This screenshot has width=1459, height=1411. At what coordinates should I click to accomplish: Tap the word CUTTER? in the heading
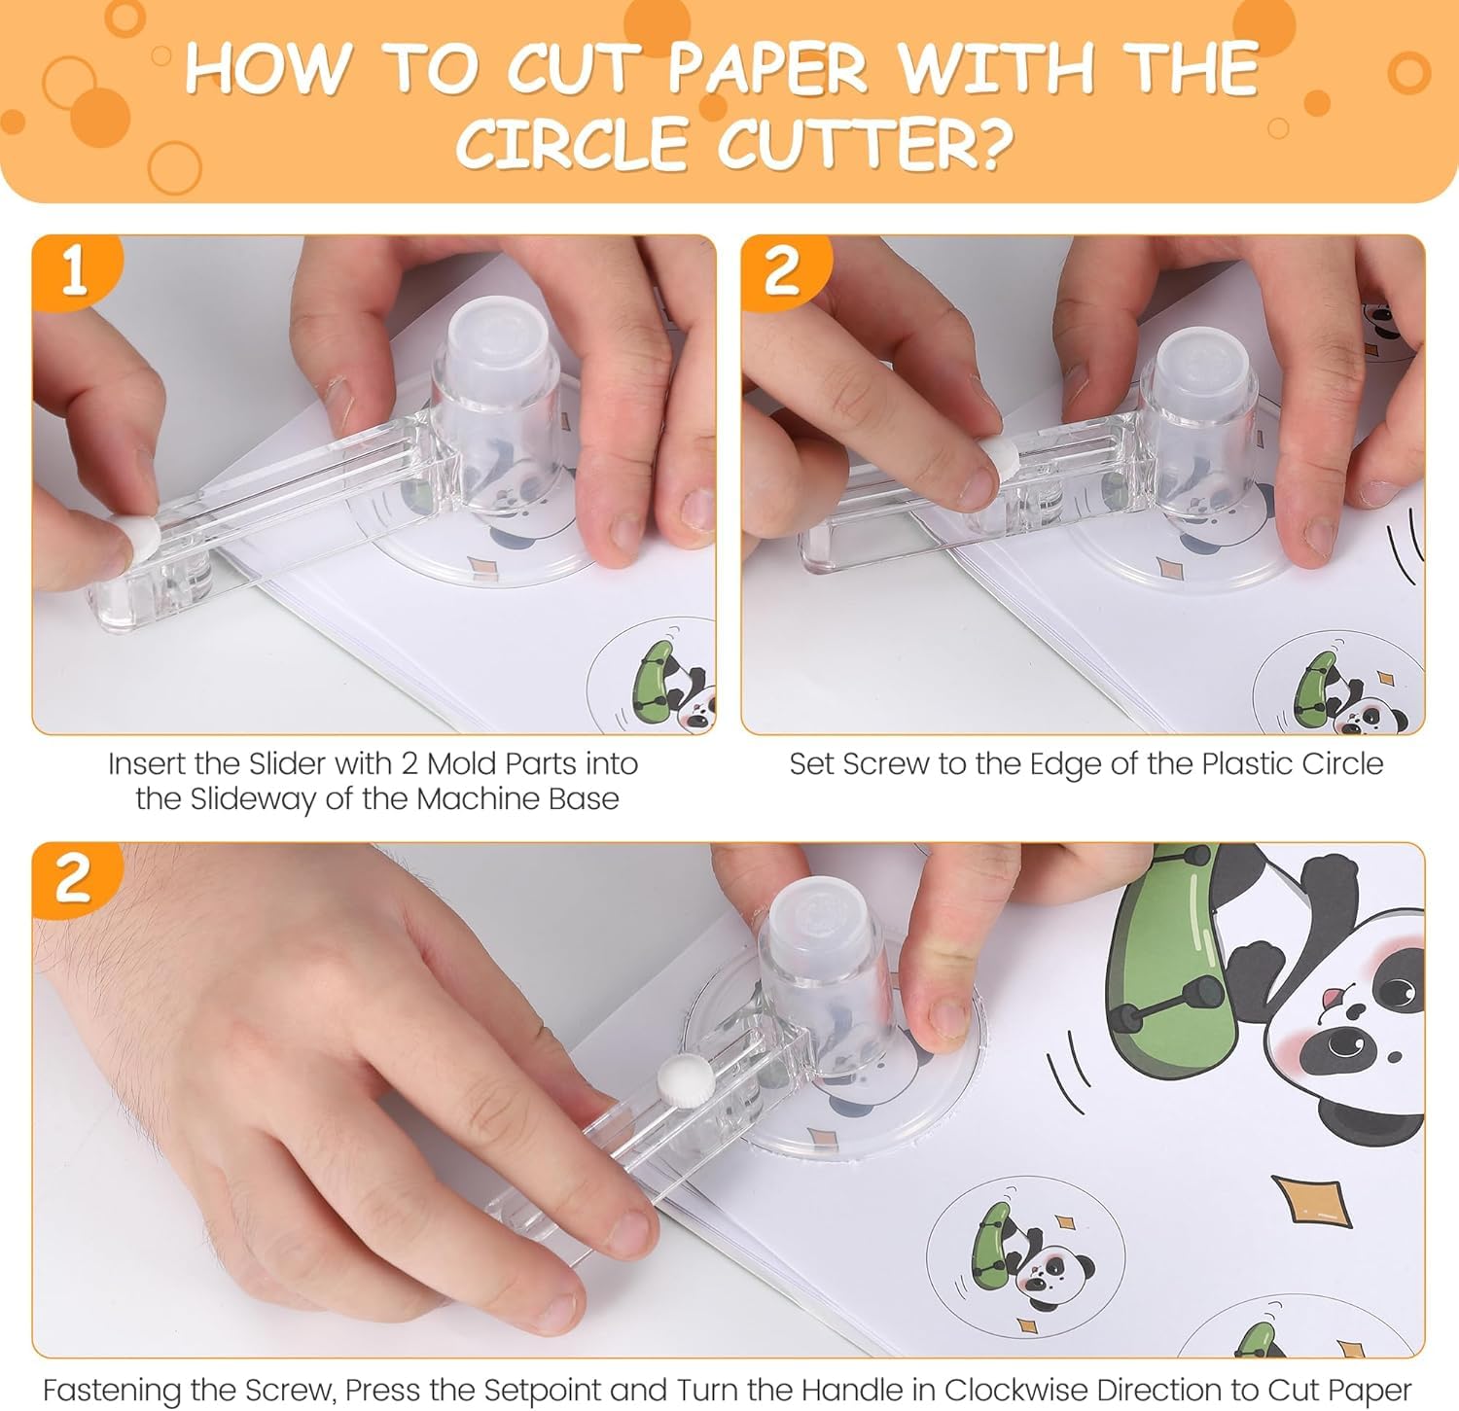click(x=865, y=143)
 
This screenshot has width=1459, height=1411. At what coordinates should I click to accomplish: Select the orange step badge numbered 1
click(x=76, y=272)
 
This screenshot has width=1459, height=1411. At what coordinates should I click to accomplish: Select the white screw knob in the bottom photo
click(x=677, y=1078)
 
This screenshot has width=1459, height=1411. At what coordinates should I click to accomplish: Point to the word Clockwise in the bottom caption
click(x=1005, y=1389)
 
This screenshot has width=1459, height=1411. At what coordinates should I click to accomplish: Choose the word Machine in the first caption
click(x=467, y=798)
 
